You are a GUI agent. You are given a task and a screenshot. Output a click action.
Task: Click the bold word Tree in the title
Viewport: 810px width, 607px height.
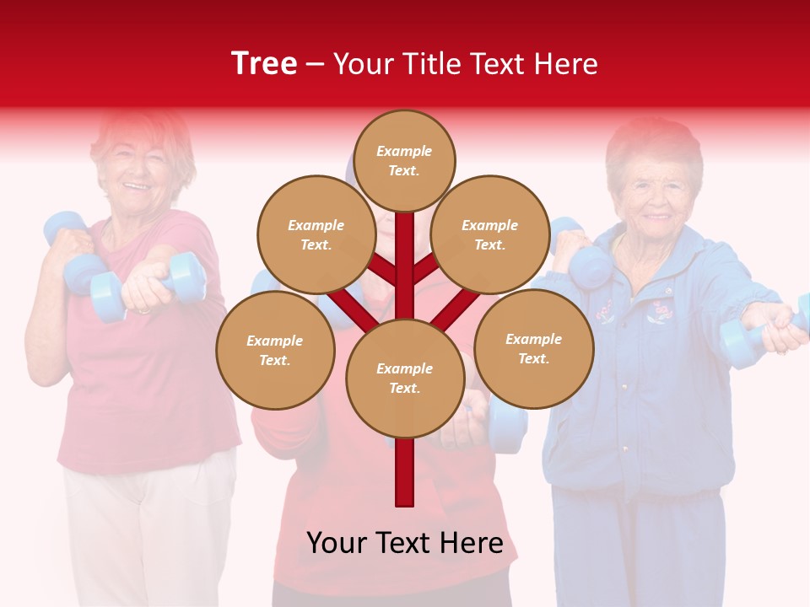click(264, 64)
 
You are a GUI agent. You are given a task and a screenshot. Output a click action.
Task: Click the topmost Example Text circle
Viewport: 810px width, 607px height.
click(404, 160)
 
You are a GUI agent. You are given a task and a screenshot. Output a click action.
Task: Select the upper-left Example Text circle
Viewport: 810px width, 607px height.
click(316, 234)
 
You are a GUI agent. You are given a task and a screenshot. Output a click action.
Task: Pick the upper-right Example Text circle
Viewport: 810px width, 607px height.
click(490, 234)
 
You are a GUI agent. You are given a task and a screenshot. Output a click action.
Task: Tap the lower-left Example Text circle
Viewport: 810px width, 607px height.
click(275, 350)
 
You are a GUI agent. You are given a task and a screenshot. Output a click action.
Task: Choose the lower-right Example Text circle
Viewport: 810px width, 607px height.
click(534, 348)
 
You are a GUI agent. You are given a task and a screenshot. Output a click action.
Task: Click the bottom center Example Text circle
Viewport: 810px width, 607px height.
click(405, 378)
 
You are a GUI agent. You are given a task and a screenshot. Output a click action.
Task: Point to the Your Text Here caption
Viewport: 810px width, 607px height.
click(405, 543)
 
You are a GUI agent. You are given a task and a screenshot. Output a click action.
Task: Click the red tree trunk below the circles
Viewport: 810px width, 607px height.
click(405, 472)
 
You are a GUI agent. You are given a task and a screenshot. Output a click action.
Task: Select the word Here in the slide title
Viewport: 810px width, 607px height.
click(564, 64)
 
